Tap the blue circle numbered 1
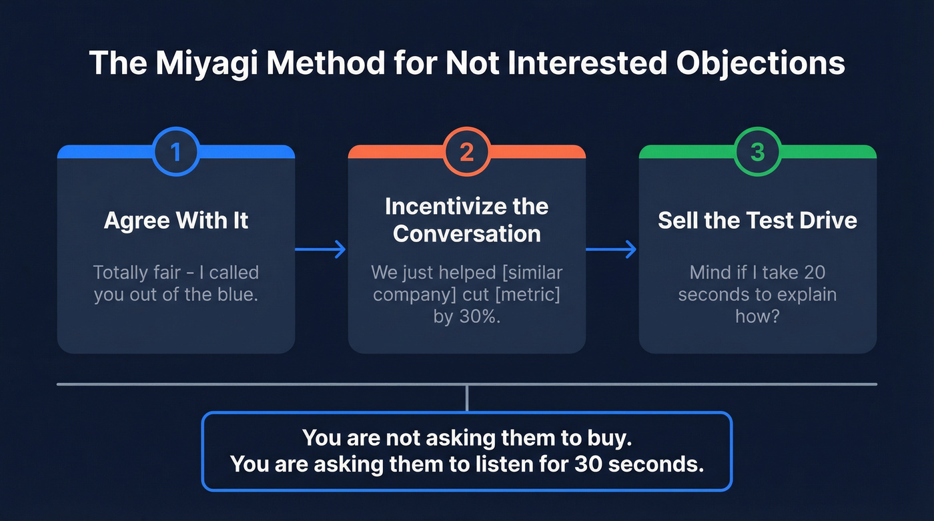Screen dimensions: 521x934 (176, 152)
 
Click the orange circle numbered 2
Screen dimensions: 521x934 (467, 152)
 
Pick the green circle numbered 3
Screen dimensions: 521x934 (757, 152)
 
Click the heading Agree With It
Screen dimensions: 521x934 (176, 221)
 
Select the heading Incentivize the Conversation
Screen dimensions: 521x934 (467, 219)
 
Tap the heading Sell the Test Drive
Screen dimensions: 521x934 (757, 221)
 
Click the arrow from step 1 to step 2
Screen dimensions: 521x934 (321, 249)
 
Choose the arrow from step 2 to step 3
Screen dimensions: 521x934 (611, 249)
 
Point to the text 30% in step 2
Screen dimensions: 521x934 (480, 316)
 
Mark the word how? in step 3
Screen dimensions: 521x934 (757, 316)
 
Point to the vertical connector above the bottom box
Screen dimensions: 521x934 (467, 398)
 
